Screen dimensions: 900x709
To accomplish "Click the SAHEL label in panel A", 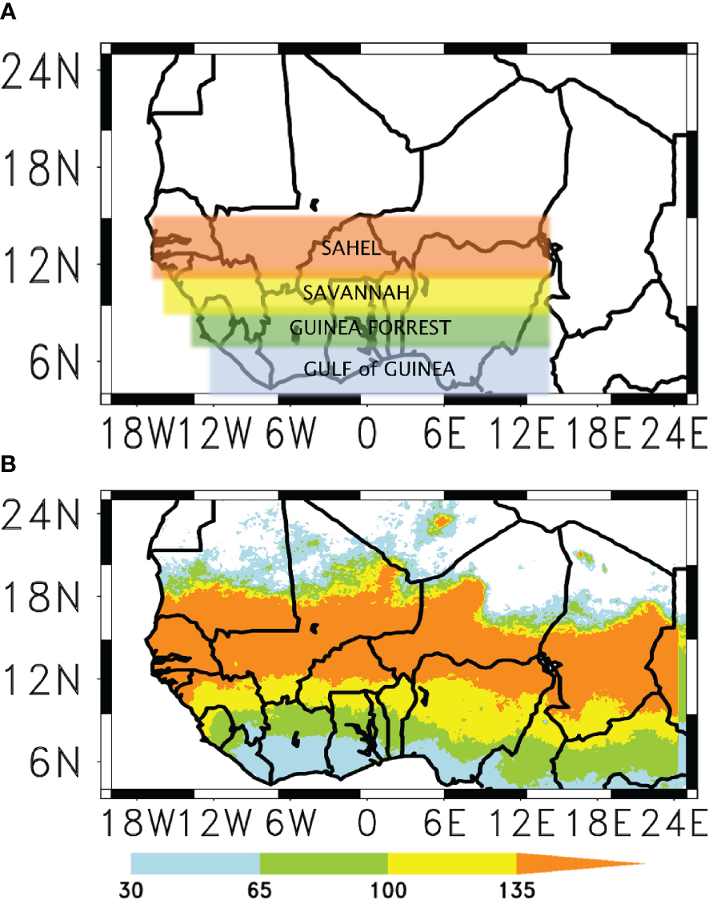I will click(350, 248).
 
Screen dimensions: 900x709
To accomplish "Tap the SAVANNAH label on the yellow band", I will click(356, 294).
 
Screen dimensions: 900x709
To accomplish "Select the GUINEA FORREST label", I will click(371, 327).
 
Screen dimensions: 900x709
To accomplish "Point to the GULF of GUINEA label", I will click(380, 369).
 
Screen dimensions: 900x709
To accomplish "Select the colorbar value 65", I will click(260, 889).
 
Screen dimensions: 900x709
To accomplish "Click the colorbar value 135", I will click(514, 889).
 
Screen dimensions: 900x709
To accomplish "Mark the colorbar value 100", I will click(387, 889).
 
